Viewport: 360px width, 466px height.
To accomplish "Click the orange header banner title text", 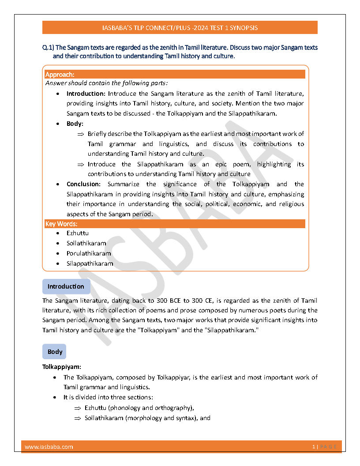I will tap(180, 28).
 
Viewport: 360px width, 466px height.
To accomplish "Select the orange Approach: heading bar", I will tap(175, 75).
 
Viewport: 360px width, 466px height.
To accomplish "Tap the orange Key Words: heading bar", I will tap(175, 224).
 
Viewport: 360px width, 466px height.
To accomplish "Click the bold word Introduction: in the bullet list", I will tap(86, 94).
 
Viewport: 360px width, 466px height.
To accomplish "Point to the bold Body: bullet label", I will tap(75, 124).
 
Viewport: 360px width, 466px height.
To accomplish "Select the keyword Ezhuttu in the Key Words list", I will tap(78, 233).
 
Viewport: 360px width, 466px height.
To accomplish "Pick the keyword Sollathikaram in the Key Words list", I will tap(86, 243).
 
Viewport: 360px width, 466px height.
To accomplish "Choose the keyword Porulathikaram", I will tap(89, 253).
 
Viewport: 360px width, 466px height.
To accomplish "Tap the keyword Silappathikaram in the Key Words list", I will tap(90, 263).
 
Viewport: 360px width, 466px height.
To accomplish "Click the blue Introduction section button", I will tap(66, 286).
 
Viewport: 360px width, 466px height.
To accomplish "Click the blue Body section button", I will tap(55, 352).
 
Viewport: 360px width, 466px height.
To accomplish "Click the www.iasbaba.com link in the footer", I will tap(49, 447).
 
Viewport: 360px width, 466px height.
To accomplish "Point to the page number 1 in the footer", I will tap(313, 447).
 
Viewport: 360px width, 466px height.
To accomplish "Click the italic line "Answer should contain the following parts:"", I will tap(106, 83).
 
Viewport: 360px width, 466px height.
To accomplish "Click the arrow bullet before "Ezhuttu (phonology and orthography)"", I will tap(77, 408).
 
